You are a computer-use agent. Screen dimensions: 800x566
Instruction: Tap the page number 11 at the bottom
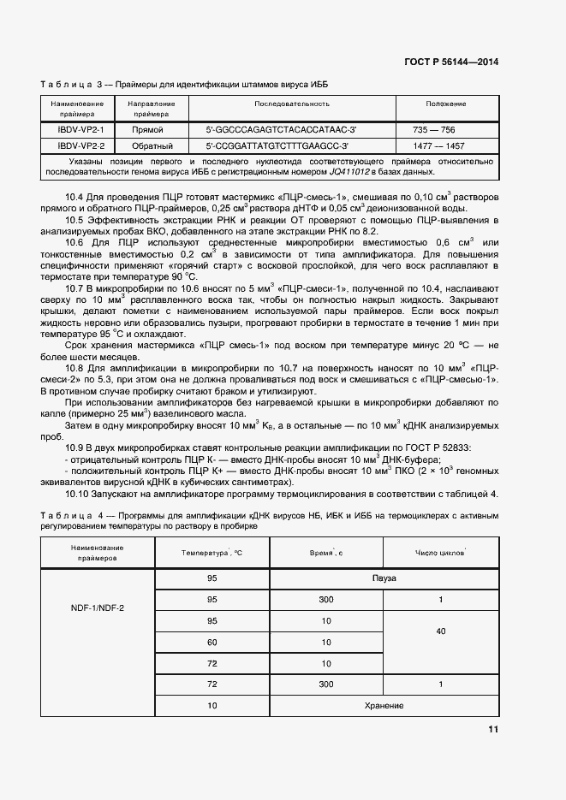[493, 729]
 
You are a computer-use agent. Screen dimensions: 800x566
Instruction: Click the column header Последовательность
[291, 104]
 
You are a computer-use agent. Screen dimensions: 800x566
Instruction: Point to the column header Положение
[446, 104]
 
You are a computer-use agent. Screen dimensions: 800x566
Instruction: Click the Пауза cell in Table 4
[384, 578]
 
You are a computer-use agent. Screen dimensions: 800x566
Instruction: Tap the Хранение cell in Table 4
[384, 706]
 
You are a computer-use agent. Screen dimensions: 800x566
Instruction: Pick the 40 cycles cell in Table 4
[440, 631]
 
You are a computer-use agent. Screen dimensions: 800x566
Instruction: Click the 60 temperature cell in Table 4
[212, 643]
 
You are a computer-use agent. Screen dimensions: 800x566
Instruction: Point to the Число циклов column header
[439, 554]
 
